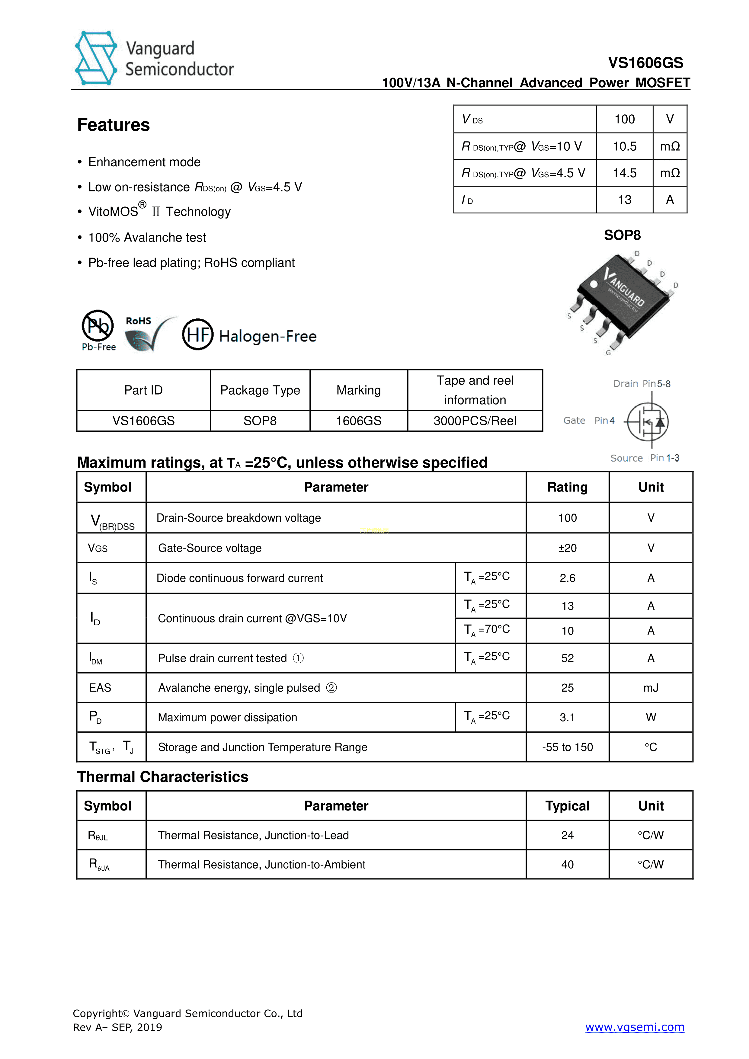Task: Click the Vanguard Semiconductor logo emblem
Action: click(x=96, y=58)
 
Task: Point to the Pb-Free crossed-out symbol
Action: click(x=98, y=326)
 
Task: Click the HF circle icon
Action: click(x=197, y=334)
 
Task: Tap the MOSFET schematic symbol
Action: click(x=648, y=421)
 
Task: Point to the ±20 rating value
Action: click(x=567, y=548)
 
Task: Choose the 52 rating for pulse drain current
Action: click(x=567, y=658)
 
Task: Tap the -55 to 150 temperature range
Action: click(x=567, y=747)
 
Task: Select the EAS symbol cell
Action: click(x=100, y=688)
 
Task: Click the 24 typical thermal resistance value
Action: click(x=567, y=835)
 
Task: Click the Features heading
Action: click(x=114, y=125)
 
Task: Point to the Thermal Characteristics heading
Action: click(x=162, y=777)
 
